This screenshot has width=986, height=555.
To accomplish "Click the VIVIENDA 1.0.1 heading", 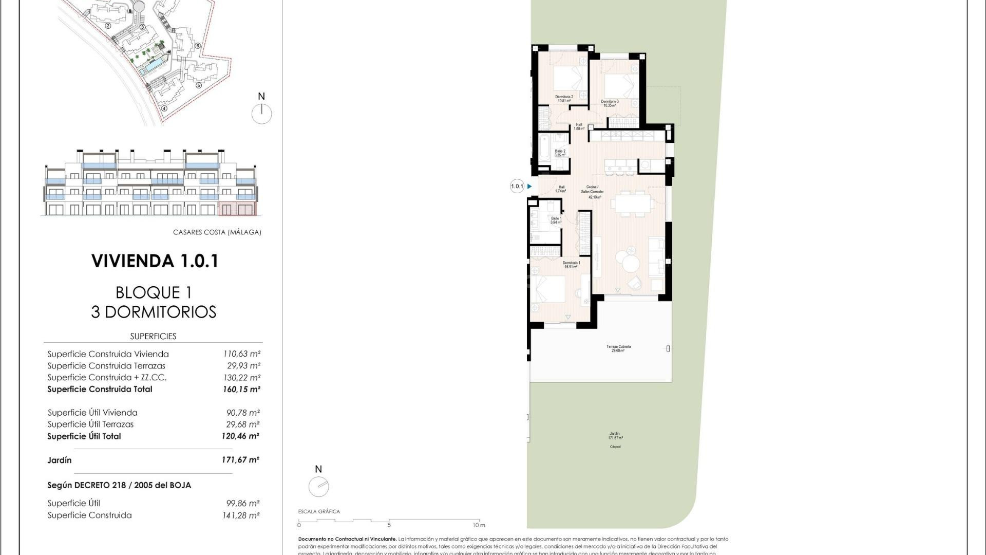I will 155,261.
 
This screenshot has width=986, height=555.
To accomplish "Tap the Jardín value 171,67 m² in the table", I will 240,460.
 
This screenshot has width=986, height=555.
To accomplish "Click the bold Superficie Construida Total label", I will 100,389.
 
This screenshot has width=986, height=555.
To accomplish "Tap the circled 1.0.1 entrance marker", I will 517,187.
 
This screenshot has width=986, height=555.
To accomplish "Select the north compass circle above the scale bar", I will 318,486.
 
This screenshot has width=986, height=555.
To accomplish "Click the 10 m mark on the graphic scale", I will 479,524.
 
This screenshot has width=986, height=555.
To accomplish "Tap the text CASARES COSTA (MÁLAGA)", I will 217,232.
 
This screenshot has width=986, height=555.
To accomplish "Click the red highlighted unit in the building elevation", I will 237,209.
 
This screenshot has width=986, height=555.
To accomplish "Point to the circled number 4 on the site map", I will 164,108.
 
